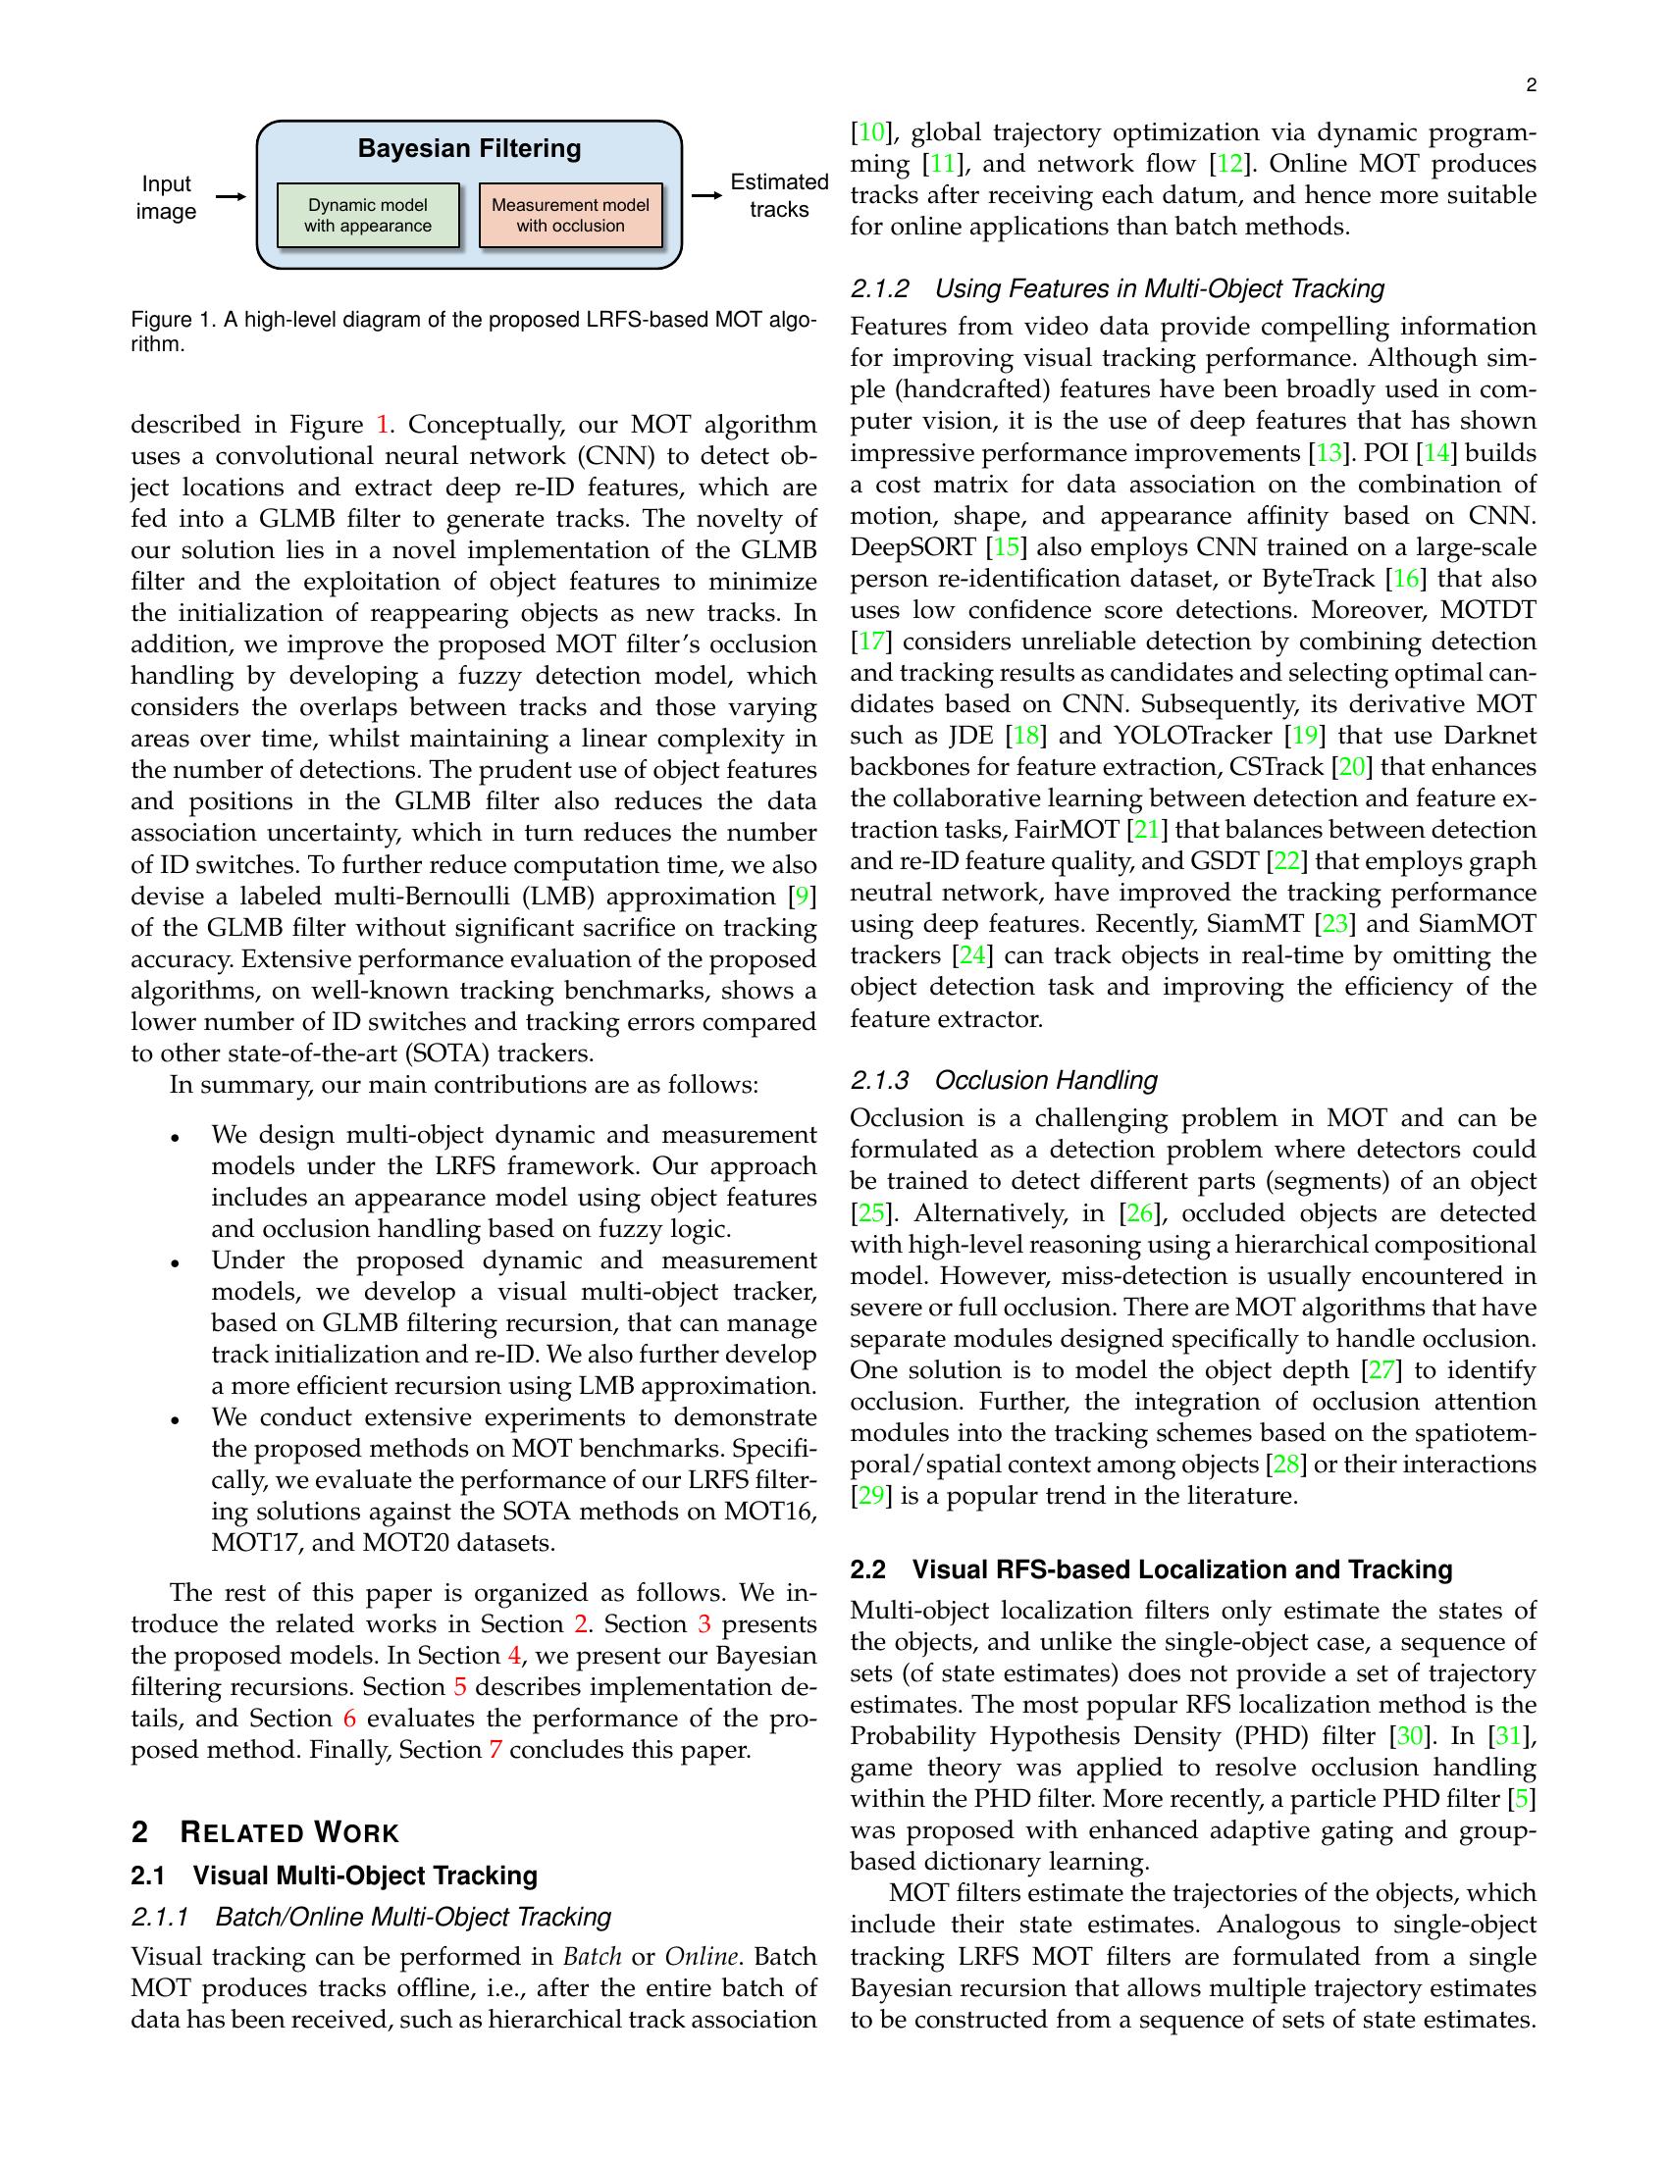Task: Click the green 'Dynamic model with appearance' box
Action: point(368,216)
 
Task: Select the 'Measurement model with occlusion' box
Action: point(570,216)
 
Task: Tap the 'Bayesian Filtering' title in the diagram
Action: point(468,149)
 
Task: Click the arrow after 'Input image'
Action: point(230,197)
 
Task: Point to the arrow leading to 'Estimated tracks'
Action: point(705,195)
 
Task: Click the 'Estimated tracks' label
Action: point(779,195)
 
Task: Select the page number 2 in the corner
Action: point(1531,86)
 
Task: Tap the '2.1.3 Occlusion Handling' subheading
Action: point(1003,1080)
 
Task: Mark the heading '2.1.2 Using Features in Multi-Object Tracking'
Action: point(1117,288)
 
